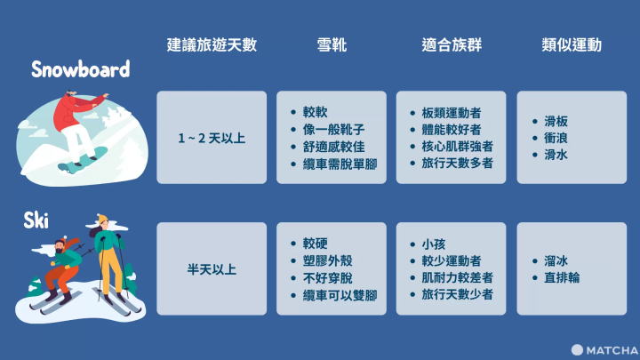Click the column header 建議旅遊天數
(212, 45)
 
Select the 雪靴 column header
(332, 45)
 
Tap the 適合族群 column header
(451, 45)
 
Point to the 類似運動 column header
(571, 45)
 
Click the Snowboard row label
(80, 69)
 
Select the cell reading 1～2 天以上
(212, 138)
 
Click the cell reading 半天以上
(212, 268)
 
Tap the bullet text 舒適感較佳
(339, 146)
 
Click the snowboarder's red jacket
(68, 111)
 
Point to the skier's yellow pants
(110, 271)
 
